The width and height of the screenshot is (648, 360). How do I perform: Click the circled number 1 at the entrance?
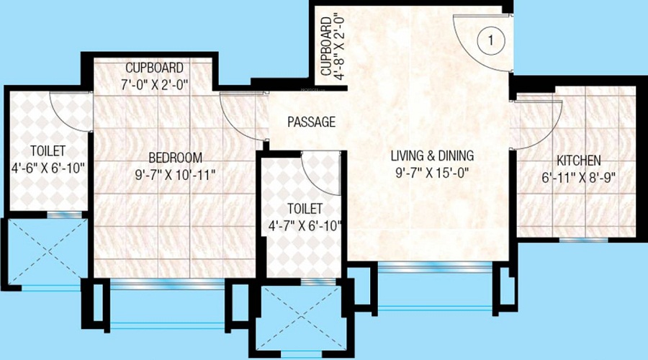[x=490, y=41]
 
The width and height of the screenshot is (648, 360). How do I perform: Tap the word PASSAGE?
[x=311, y=122]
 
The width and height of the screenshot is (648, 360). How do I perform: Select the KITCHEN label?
[x=578, y=161]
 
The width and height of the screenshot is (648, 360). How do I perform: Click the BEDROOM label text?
[x=175, y=158]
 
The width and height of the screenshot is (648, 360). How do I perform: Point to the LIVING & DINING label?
[x=433, y=156]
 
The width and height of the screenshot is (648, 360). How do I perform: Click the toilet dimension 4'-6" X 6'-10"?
[x=48, y=168]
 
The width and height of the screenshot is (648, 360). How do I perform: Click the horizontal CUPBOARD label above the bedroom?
[x=156, y=68]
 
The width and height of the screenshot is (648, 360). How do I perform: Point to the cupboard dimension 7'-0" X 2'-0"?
[x=156, y=84]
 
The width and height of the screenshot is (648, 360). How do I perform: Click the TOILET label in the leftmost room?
[x=48, y=151]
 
